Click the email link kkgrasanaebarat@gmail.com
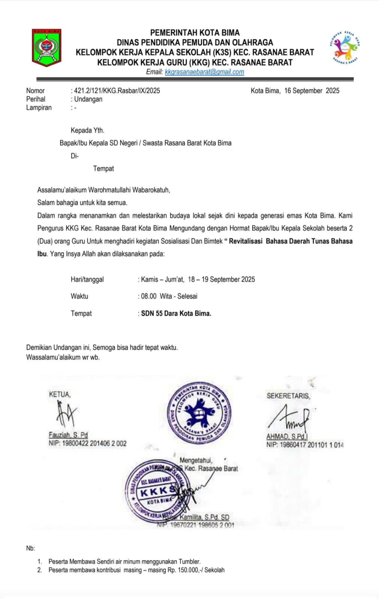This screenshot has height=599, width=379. pos(204,72)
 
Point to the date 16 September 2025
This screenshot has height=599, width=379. pos(312,91)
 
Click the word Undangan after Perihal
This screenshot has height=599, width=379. pos(88,99)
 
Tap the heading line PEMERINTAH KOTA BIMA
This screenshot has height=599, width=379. pos(195,33)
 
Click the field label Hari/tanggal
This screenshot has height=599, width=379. pos(87,279)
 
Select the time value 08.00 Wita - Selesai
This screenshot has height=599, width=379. pos(169,296)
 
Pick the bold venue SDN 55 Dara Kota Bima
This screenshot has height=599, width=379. pos(176,313)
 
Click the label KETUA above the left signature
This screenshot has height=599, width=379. pos(60,394)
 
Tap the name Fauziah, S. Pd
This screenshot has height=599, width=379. pos(68,435)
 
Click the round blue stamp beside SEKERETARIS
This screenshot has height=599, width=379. pos(199,413)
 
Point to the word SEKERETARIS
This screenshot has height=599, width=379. pos(288,396)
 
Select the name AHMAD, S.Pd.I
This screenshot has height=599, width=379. pos(287,437)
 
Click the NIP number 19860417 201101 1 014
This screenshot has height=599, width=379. pos(312,445)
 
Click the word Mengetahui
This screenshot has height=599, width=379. pos(196,460)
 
